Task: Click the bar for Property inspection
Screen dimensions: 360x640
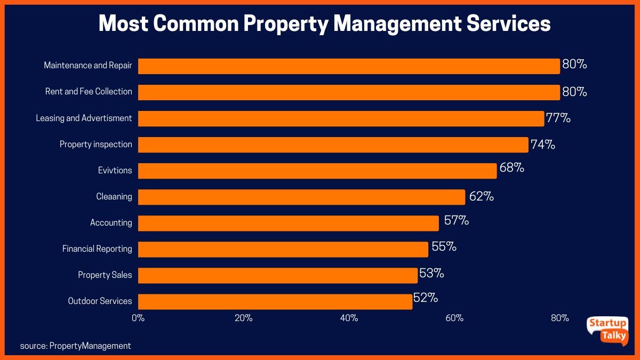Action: pos(333,145)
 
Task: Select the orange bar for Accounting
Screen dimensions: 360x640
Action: pos(288,223)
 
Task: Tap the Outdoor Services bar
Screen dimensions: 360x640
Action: pos(275,301)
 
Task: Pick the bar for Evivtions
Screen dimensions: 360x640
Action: pos(317,171)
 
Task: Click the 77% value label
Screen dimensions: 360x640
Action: pos(558,118)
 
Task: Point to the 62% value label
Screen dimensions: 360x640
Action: pos(482,196)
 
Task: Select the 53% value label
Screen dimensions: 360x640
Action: pos(431,274)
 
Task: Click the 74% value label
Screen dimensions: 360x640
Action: pos(542,144)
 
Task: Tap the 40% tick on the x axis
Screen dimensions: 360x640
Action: pos(349,318)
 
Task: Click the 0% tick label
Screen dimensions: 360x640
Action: pos(138,318)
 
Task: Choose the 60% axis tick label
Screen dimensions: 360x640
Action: pos(454,318)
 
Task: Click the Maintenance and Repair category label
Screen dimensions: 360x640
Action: pos(88,66)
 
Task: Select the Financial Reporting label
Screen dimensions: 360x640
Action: pos(97,249)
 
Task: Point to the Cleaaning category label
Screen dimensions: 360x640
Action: pos(114,196)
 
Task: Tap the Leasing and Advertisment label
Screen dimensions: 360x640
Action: pos(84,118)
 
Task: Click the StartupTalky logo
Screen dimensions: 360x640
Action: pos(607,330)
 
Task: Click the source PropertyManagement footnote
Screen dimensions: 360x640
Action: pos(75,346)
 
